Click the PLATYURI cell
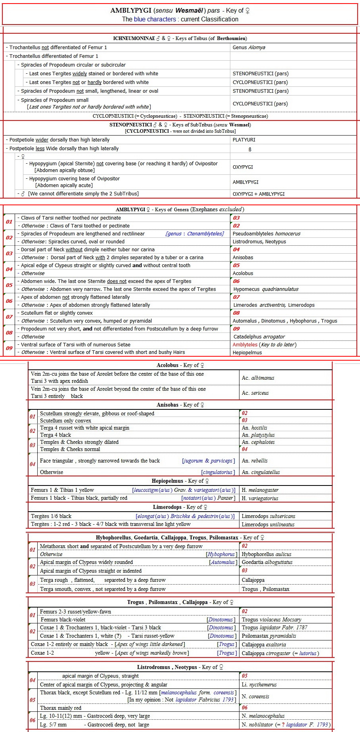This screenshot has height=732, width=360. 244,140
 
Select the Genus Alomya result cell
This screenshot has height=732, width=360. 249,48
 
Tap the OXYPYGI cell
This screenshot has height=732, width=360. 243,167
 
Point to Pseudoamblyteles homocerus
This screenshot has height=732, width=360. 266,234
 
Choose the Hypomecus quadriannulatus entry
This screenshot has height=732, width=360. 266,289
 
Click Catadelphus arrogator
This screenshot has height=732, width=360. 259,337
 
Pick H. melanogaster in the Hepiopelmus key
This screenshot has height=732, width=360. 260,490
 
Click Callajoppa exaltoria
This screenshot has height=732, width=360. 264,645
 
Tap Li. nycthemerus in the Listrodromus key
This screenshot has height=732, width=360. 259,685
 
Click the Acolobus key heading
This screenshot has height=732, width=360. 180,365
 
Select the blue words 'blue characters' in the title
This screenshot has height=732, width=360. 155,19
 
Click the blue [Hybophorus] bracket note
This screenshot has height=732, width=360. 222,554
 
